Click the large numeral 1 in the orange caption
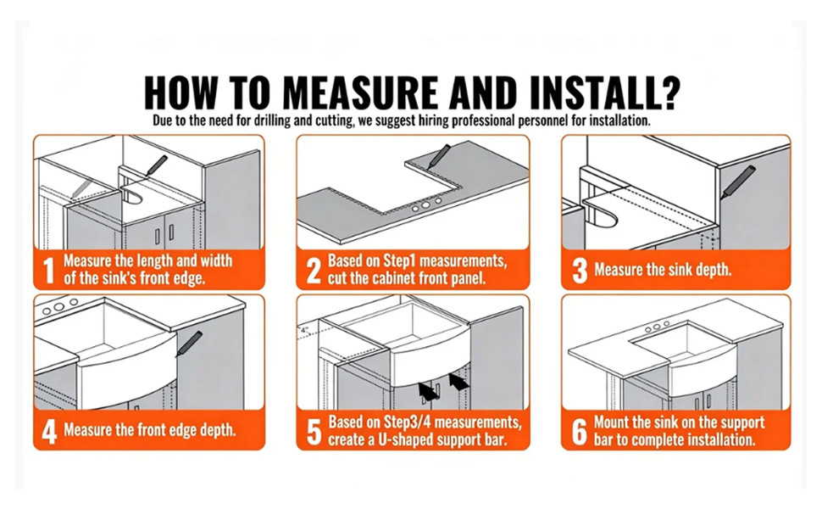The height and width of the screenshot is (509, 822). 49,271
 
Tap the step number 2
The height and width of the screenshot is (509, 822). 314,271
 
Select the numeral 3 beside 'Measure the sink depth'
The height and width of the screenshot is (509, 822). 580,271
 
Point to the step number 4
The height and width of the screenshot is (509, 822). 49,431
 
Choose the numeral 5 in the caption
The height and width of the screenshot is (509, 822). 314,431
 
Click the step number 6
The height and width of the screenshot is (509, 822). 580,431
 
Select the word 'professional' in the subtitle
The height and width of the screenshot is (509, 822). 483,120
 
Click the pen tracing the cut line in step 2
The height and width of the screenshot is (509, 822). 438,156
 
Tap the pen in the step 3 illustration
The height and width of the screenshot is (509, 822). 737,182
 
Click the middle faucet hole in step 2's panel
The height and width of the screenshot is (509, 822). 426,204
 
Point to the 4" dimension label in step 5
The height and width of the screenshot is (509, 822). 305,330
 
